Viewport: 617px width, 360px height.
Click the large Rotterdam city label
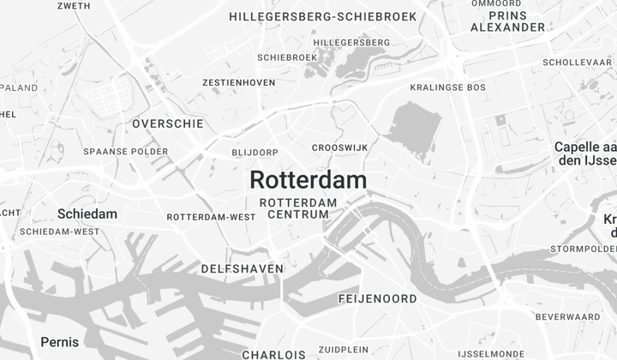308,180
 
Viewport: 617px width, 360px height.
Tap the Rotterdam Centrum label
298,208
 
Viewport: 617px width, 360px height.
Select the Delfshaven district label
242,268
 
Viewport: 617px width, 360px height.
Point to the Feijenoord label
377,299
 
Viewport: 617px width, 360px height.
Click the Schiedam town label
87,213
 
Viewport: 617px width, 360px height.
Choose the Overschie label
168,123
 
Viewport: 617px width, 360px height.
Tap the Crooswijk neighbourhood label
339,147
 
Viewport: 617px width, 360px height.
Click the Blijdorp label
255,153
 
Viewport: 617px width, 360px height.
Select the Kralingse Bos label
447,87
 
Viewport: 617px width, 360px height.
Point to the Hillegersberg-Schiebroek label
323,16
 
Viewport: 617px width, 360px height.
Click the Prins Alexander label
507,21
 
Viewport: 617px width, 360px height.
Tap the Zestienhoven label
239,82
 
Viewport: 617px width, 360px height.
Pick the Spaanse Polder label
126,152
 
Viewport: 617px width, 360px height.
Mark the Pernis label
60,342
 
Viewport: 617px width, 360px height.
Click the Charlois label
273,354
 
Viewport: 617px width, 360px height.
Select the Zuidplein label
343,350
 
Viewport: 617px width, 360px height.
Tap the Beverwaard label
567,317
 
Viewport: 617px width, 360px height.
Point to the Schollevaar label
577,63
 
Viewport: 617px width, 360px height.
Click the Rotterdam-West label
211,217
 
